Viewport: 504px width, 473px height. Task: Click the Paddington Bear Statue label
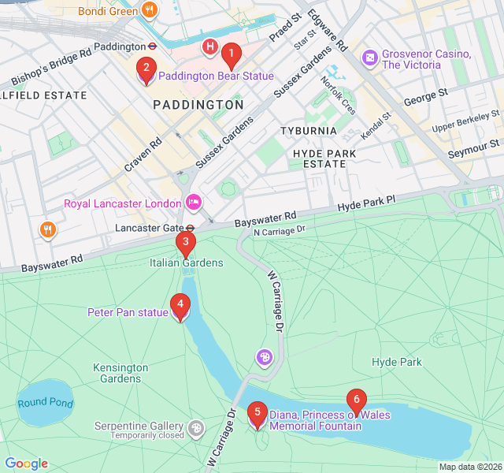tap(216, 76)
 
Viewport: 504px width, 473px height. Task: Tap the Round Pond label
tap(45, 403)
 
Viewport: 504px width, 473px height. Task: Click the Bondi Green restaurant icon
tap(150, 10)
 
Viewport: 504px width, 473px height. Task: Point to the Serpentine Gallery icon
tap(196, 429)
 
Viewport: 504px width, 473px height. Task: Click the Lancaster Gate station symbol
tap(190, 228)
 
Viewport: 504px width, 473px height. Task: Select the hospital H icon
tap(209, 47)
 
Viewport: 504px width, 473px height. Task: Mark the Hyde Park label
tap(396, 363)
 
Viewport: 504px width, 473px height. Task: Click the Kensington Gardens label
tap(120, 373)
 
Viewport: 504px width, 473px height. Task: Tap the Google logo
tap(26, 464)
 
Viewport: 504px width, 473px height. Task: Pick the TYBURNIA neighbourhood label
tap(309, 131)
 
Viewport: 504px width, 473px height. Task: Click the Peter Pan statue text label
tap(128, 313)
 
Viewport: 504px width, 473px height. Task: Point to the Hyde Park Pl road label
tap(366, 204)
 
